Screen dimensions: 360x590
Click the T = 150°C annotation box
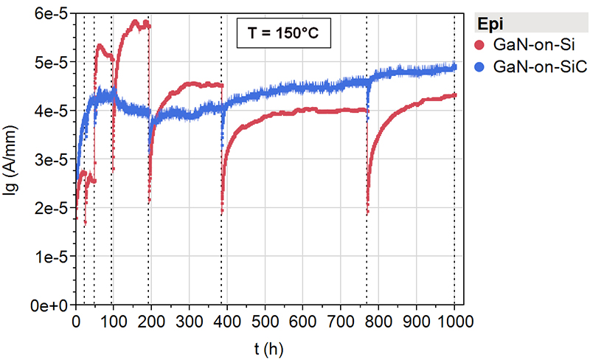click(x=282, y=35)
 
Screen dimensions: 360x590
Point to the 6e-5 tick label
click(x=51, y=14)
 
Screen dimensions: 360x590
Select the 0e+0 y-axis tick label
click(x=49, y=304)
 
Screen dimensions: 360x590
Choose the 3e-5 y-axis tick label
click(x=51, y=159)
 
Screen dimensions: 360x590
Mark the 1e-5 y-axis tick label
click(x=51, y=256)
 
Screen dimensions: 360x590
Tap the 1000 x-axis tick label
click(x=453, y=319)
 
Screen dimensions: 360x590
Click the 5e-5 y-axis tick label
click(x=51, y=63)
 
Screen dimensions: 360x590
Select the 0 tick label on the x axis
click(x=76, y=319)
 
